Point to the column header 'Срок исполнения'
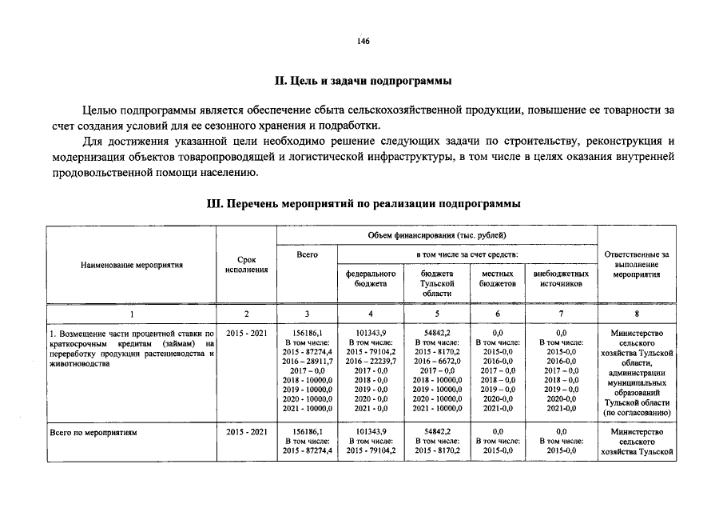coord(246,265)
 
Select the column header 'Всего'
coord(307,254)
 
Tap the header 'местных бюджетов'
coord(498,278)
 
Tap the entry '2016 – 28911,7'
coord(308,361)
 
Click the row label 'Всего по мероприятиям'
coord(93,432)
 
